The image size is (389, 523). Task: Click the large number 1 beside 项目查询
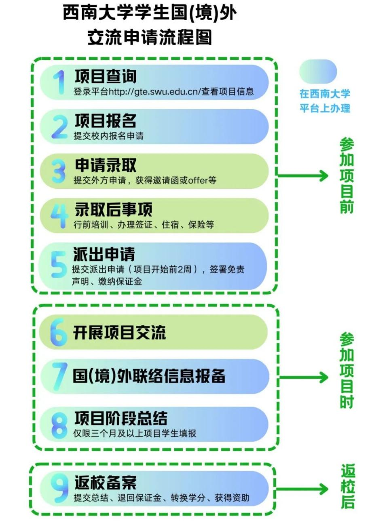click(59, 82)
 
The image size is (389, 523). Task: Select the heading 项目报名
click(106, 121)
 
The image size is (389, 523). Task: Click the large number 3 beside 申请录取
click(59, 171)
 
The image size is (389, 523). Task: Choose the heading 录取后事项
click(113, 210)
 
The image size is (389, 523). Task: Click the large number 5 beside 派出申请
click(59, 265)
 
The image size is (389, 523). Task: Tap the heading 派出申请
click(104, 254)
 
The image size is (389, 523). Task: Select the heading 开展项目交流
click(119, 333)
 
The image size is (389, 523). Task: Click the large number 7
click(59, 376)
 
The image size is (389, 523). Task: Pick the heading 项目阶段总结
click(121, 418)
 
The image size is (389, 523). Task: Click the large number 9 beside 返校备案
click(59, 488)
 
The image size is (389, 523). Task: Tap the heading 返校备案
click(105, 483)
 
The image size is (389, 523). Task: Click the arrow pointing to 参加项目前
click(303, 176)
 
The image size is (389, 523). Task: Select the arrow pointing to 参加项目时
click(304, 377)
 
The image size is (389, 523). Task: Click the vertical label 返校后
click(347, 487)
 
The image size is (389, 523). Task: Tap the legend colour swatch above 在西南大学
click(318, 72)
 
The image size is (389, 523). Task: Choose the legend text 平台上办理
click(325, 108)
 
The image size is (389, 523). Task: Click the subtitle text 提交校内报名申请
click(108, 136)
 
